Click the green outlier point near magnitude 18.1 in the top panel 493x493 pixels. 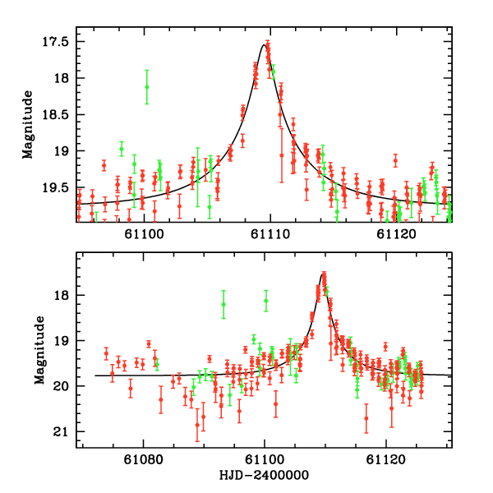tap(146, 86)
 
